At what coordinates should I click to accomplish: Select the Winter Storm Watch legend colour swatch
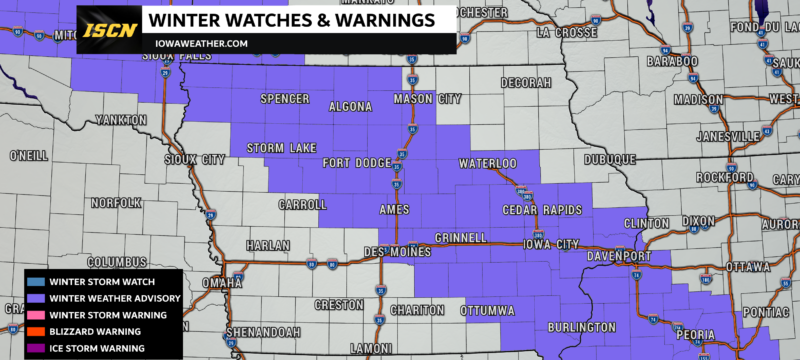click(34, 282)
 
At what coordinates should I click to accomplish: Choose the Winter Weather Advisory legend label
click(111, 298)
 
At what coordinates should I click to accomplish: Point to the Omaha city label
click(200, 283)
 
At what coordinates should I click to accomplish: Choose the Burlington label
click(581, 327)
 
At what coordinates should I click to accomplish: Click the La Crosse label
click(566, 32)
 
